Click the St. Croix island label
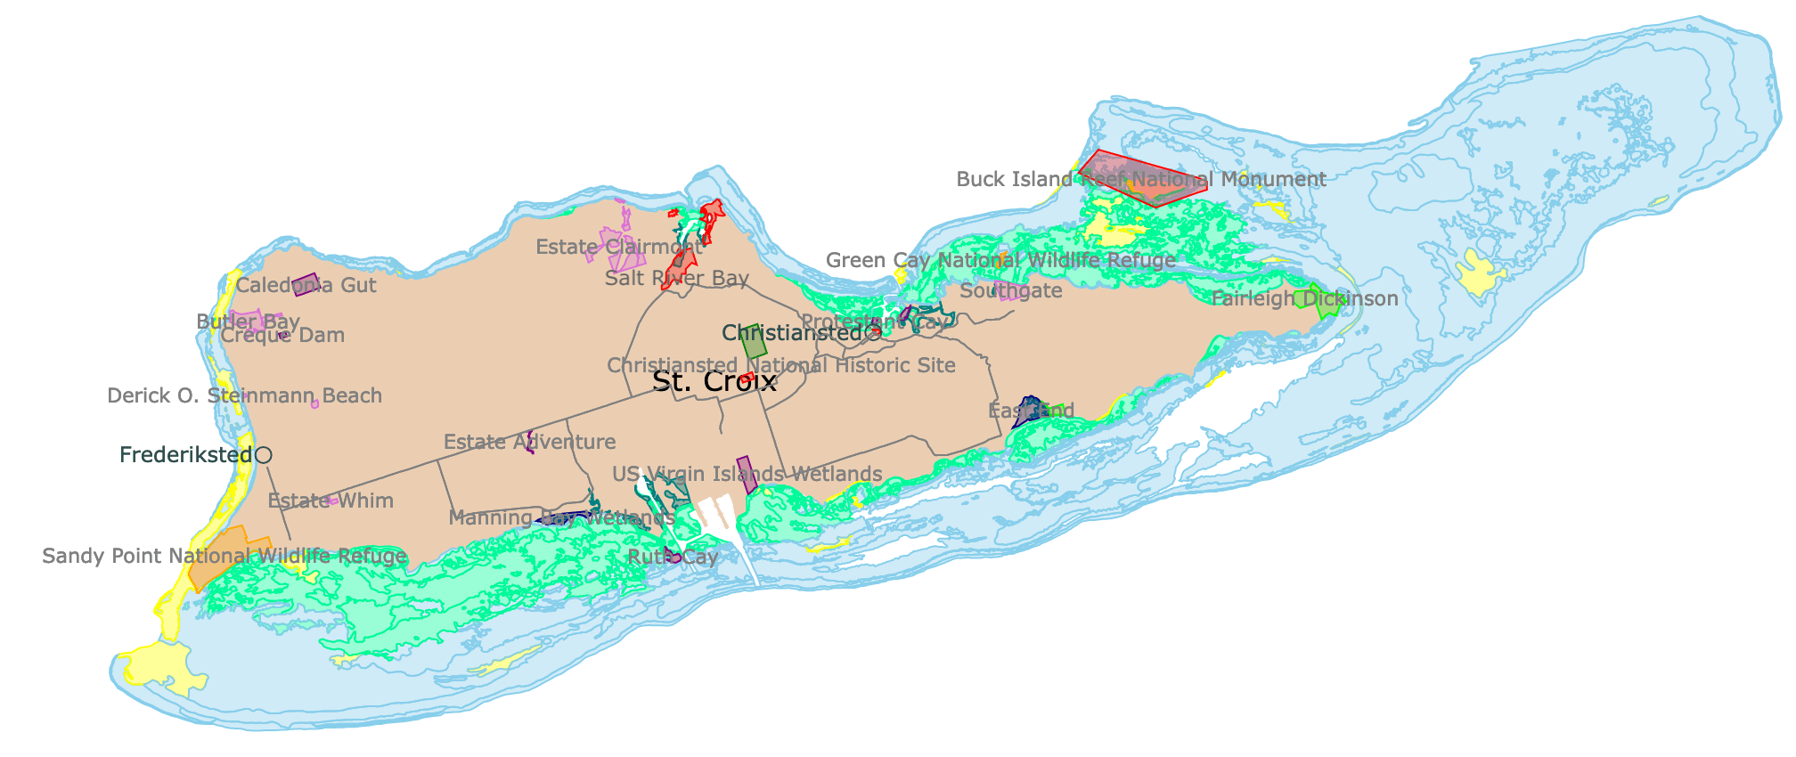pos(714,382)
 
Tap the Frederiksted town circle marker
pos(263,455)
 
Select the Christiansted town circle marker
pos(873,334)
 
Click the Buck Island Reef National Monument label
pos(1141,180)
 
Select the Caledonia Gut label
pos(306,286)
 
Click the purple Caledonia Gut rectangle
pos(306,283)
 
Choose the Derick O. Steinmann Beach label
pos(244,396)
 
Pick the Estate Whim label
pos(331,501)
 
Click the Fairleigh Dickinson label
pos(1304,299)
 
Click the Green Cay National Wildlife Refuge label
pos(1000,261)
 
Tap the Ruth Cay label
pos(673,558)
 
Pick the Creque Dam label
pos(282,336)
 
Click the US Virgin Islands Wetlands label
pos(747,475)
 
